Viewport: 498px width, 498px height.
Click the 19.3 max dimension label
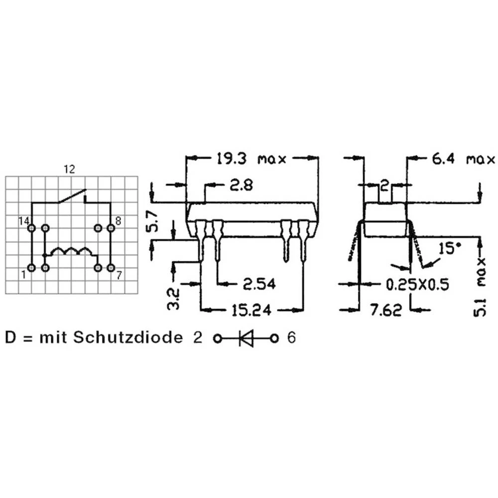251,158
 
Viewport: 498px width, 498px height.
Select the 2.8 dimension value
242,185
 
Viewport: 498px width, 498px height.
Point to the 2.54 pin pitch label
259,284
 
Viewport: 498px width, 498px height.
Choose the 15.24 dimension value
251,310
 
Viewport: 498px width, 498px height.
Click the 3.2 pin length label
173,298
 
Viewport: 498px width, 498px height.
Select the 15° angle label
449,249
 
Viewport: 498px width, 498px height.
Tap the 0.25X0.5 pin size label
417,284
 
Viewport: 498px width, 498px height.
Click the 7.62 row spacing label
386,310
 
